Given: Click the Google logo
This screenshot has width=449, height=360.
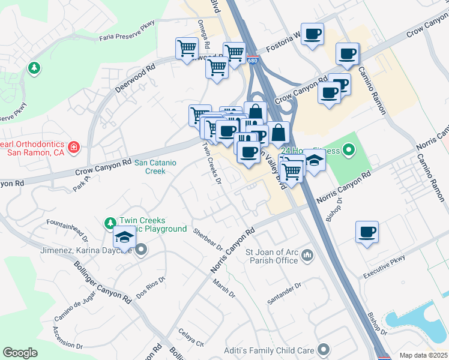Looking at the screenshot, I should click(20, 352).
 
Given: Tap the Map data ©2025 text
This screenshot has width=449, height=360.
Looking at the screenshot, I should click(423, 355).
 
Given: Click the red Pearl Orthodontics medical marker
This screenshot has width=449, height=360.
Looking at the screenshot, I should click(73, 147).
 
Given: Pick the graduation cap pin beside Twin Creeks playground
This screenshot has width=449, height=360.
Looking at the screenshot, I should click(125, 238).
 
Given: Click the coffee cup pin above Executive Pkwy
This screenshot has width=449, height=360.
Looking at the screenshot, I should click(367, 232).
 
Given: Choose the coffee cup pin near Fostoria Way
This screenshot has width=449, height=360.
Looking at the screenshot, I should click(312, 35).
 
